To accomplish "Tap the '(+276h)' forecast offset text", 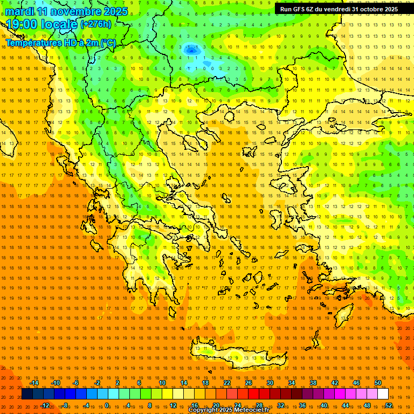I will click(95, 24).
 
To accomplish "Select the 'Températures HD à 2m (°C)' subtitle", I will click(60, 42).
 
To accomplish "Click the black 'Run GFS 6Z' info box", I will click(339, 9).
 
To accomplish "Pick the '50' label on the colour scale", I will click(377, 383).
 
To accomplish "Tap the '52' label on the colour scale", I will click(389, 405).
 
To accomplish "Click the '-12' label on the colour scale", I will click(45, 405).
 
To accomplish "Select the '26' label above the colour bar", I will click(249, 383).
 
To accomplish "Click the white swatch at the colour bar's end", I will click(383, 394).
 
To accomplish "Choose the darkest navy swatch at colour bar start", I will click(27, 394).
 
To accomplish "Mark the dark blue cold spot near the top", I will click(190, 50).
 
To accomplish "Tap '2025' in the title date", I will click(116, 11).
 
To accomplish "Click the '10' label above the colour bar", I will click(162, 383).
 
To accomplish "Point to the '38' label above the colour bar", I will click(313, 383).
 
